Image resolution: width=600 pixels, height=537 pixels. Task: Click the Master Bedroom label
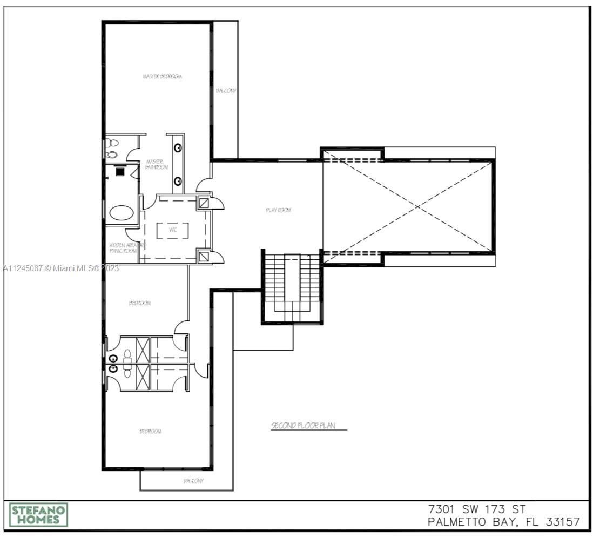coord(162,77)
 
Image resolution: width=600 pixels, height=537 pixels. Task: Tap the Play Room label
coord(279,210)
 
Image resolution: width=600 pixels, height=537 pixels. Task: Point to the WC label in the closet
coord(173,230)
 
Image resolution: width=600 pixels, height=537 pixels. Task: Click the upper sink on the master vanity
coord(178,147)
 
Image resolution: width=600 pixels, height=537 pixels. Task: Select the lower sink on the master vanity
coord(178,181)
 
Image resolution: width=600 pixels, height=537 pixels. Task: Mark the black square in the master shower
coord(120,171)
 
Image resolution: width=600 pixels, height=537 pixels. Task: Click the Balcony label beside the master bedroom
coord(226,91)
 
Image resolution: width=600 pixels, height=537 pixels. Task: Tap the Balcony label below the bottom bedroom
coord(193,481)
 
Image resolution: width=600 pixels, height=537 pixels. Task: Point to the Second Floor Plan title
coord(303,426)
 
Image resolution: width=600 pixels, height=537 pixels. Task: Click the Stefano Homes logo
coord(38,515)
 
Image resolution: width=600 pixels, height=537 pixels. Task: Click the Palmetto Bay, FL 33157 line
coord(503,522)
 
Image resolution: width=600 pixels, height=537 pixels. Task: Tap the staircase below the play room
coord(292,286)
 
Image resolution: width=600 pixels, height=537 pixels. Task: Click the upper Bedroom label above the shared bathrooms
coord(139,303)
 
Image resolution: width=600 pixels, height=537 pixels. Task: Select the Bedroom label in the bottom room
coord(150,431)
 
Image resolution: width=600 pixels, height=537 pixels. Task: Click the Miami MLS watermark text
coord(60,268)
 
